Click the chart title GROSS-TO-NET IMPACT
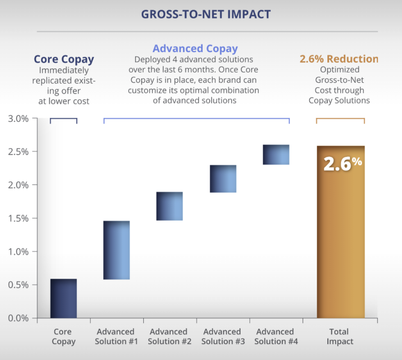[x=206, y=14]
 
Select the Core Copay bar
[x=63, y=299]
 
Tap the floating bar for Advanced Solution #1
[x=116, y=250]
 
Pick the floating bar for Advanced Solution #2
[x=170, y=206]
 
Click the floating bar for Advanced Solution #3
[x=223, y=179]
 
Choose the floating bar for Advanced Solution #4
[x=276, y=155]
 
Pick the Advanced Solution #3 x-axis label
[x=222, y=336]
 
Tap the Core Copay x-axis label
[x=63, y=336]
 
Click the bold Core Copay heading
[x=64, y=59]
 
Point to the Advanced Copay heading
[x=195, y=49]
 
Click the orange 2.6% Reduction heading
[x=339, y=59]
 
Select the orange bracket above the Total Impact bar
[x=340, y=119]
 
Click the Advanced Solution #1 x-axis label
[x=115, y=336]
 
